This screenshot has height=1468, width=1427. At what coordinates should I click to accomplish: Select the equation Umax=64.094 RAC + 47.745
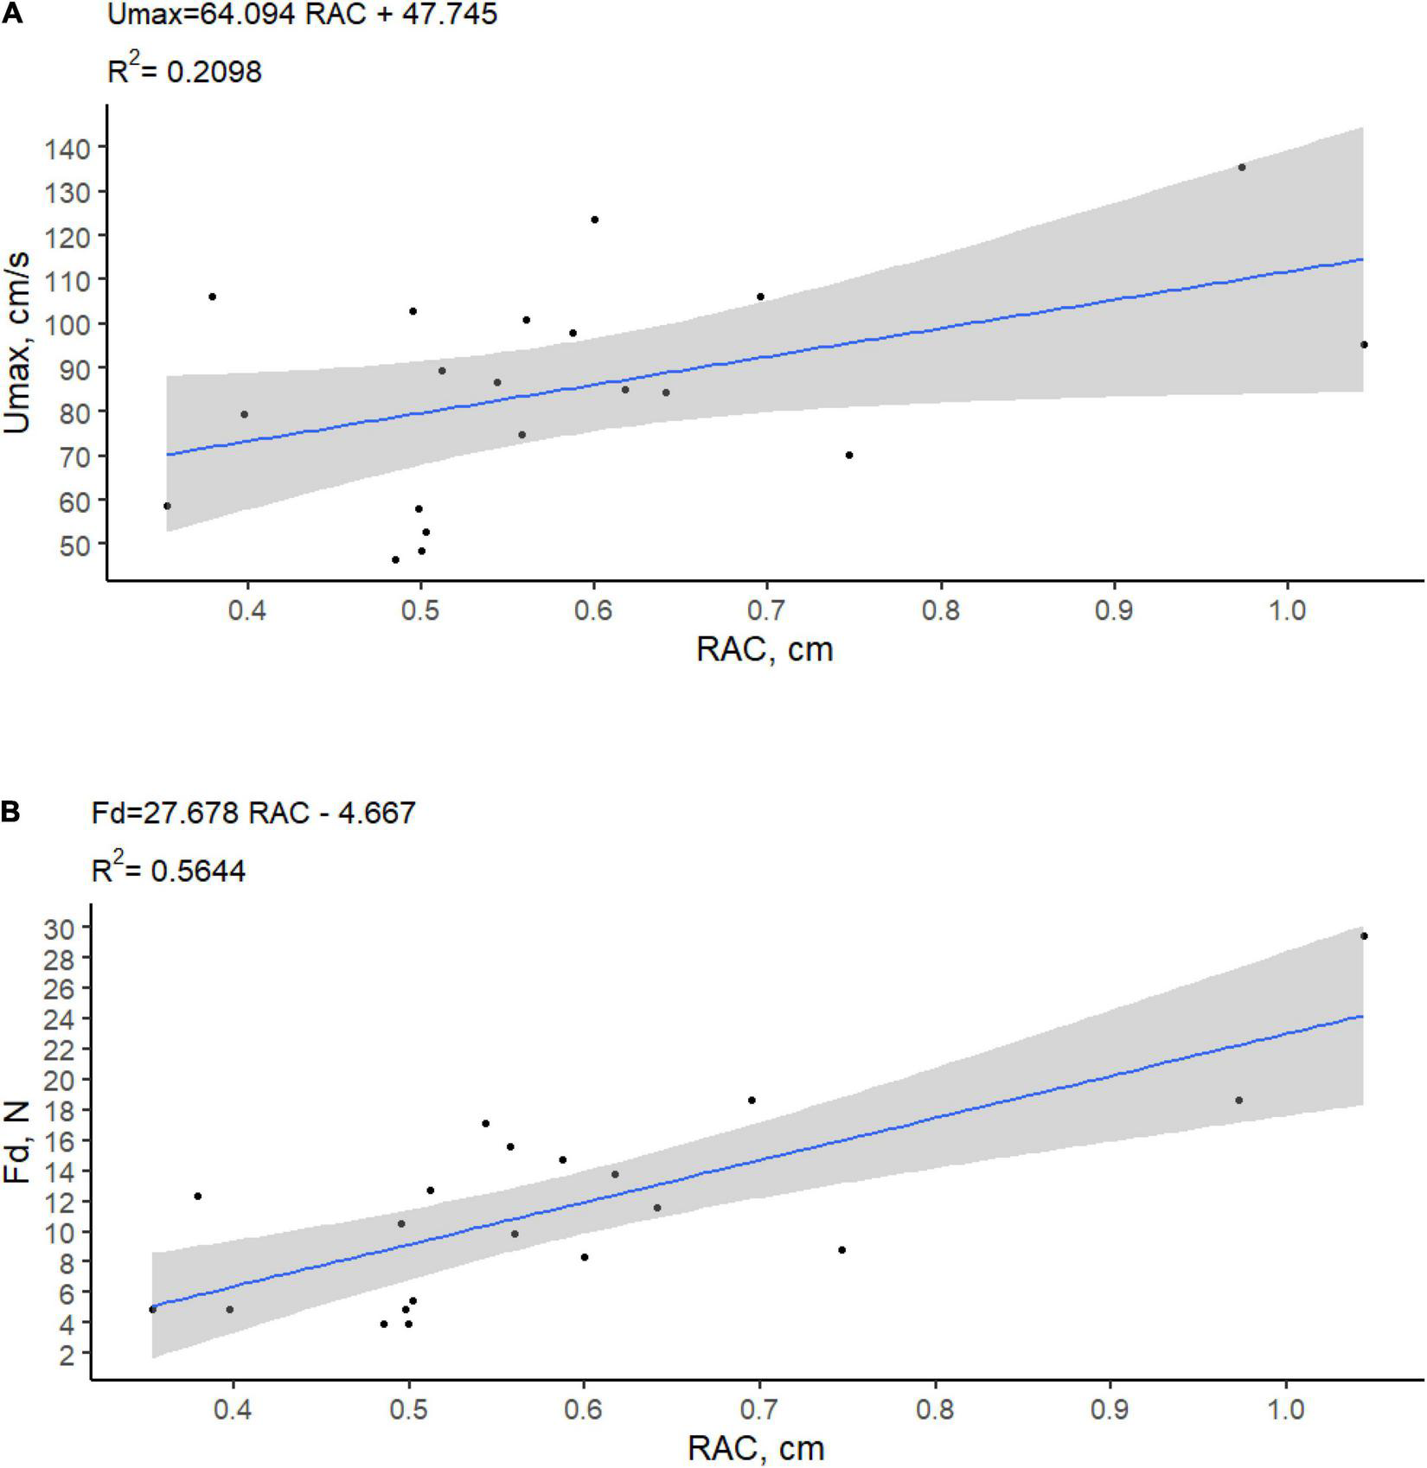pos(302,15)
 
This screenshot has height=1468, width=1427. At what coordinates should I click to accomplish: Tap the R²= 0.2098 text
pos(184,71)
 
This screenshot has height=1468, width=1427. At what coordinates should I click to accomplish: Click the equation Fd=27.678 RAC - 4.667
pos(253,813)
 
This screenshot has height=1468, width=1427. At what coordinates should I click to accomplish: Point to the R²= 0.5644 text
pos(169,870)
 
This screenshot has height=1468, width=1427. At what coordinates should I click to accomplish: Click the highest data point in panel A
pos(1242,167)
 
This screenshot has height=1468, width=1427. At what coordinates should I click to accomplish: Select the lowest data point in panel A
pos(396,559)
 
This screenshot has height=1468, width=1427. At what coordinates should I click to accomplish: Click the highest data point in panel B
pos(1364,935)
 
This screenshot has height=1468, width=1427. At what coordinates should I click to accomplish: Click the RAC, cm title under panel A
pos(765,649)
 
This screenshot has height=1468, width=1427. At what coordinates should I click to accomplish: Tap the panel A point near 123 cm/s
pos(595,220)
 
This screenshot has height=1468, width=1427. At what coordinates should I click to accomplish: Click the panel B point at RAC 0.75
pos(841,1249)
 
